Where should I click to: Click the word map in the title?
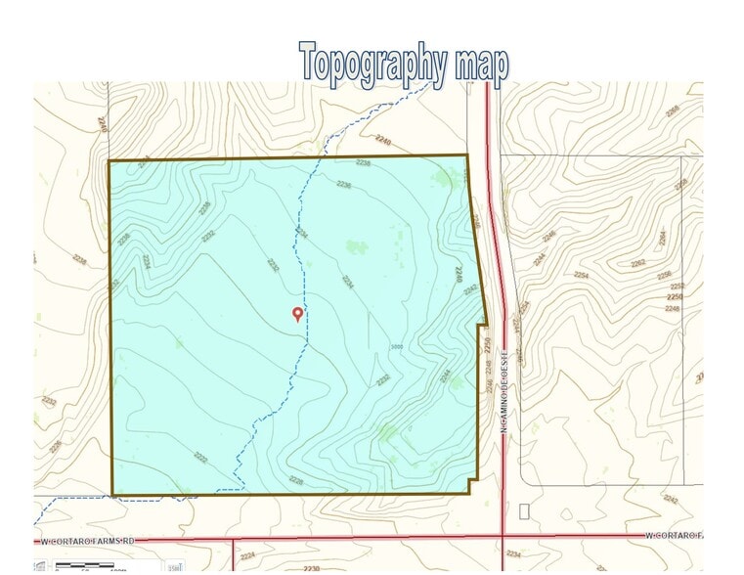click(481, 63)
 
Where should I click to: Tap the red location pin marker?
click(298, 313)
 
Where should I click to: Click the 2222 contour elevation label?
click(201, 457)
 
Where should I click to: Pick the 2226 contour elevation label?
click(296, 480)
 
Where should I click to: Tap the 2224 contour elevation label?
click(248, 554)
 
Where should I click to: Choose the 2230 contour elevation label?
click(311, 568)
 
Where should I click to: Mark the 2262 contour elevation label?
click(638, 263)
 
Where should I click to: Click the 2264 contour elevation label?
click(662, 238)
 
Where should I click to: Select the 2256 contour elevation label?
click(665, 275)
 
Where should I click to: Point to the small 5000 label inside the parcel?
click(396, 346)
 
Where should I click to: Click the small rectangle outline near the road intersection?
click(524, 510)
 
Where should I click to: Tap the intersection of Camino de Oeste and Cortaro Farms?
click(503, 536)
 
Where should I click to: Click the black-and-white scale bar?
click(90, 565)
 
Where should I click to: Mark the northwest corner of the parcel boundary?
click(109, 160)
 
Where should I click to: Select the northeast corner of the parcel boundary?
click(467, 155)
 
